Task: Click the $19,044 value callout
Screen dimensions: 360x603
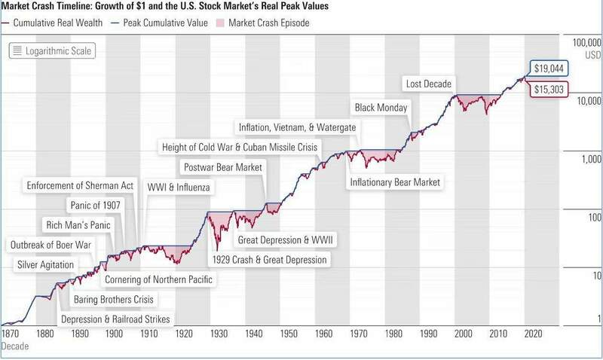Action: coord(550,68)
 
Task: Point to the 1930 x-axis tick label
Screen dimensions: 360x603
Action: coord(218,332)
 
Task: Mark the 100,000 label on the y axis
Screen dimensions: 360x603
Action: coord(585,44)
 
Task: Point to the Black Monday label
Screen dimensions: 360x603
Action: coord(381,108)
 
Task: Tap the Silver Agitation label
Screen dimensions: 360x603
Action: coord(45,264)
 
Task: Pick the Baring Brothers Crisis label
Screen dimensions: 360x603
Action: coord(114,300)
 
